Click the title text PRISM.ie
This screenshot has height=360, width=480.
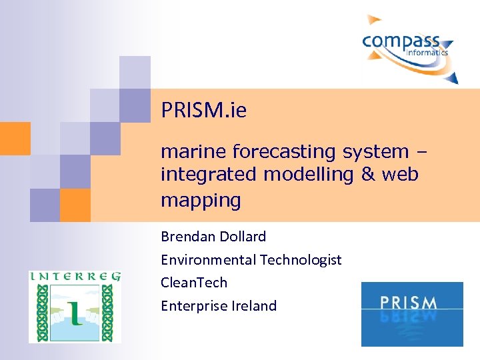click(203, 111)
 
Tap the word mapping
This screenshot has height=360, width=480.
click(200, 199)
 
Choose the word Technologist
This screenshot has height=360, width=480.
click(301, 260)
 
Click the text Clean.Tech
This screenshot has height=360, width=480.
click(194, 283)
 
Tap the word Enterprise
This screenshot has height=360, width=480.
click(194, 306)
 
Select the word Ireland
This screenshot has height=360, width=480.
click(254, 306)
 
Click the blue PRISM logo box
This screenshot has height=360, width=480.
click(411, 314)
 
